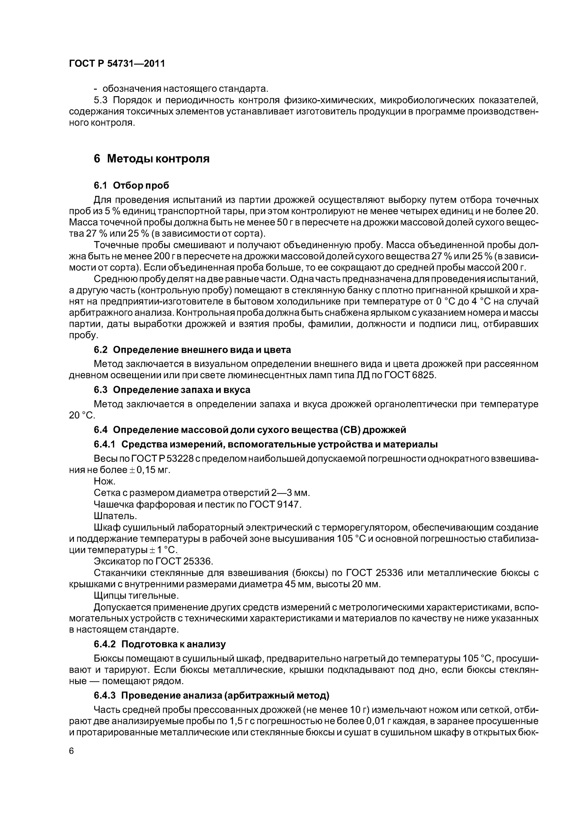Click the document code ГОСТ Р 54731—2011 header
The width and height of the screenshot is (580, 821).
click(117, 64)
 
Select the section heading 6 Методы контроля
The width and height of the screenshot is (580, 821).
click(151, 158)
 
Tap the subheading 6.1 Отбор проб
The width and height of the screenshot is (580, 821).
click(131, 185)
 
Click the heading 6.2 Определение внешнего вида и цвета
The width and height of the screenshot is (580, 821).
click(192, 349)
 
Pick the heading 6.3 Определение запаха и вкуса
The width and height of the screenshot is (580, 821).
click(172, 389)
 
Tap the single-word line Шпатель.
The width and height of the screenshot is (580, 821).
click(115, 516)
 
